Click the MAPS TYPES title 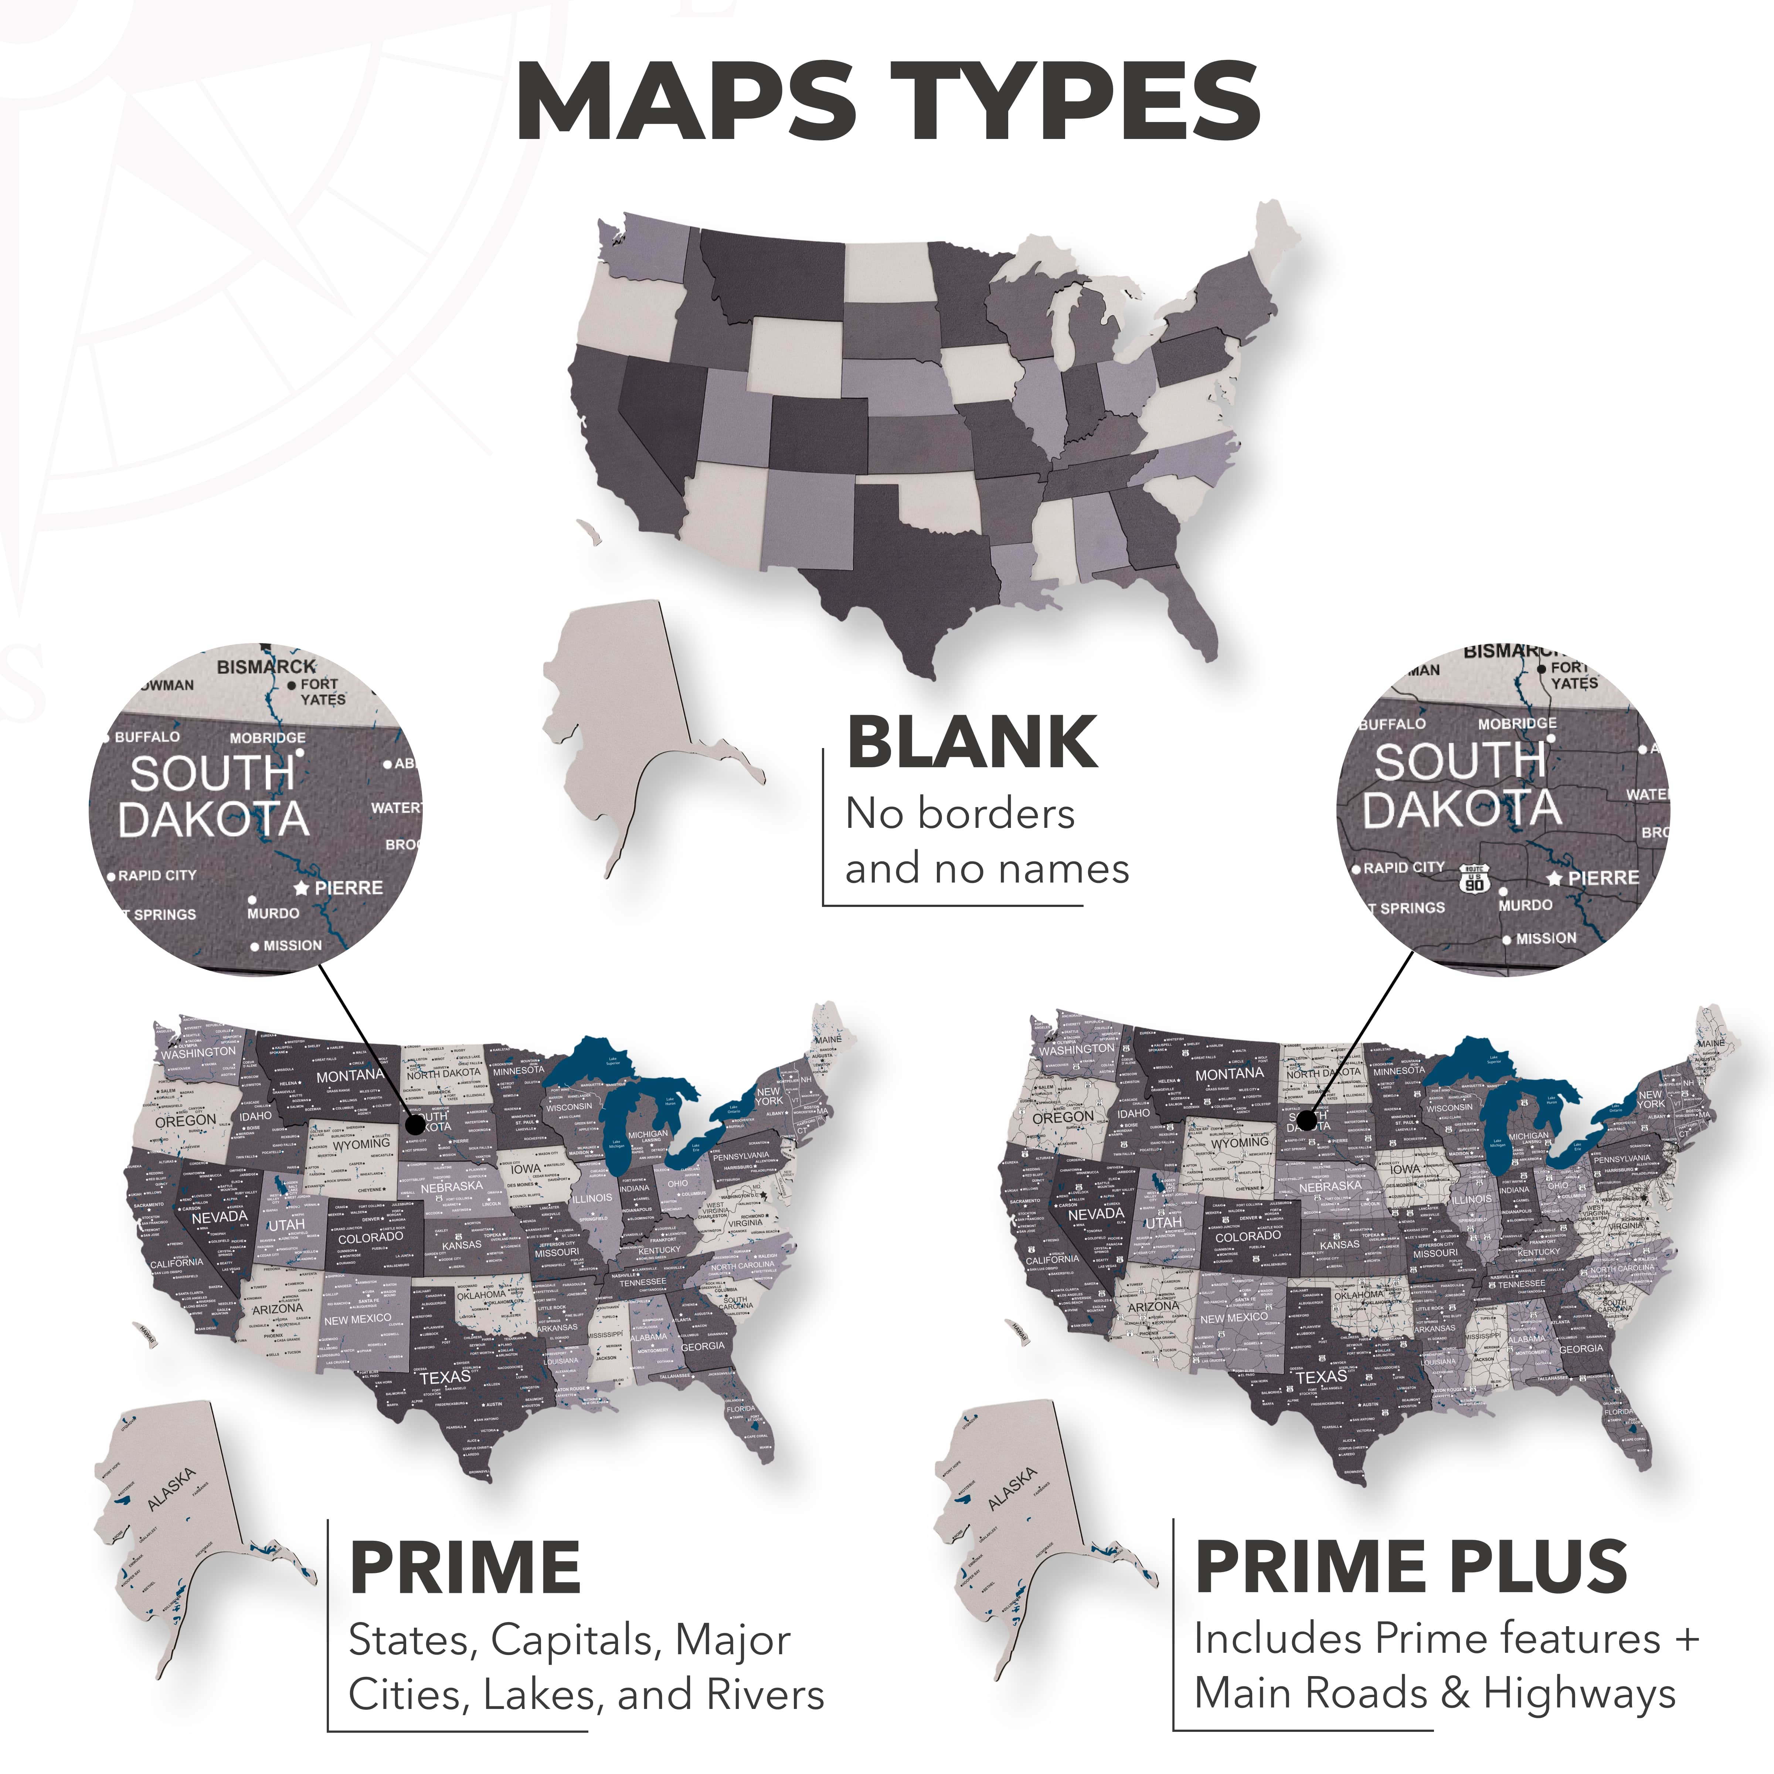(887, 101)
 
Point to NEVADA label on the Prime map (220, 1217)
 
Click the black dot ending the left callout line (415, 1122)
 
